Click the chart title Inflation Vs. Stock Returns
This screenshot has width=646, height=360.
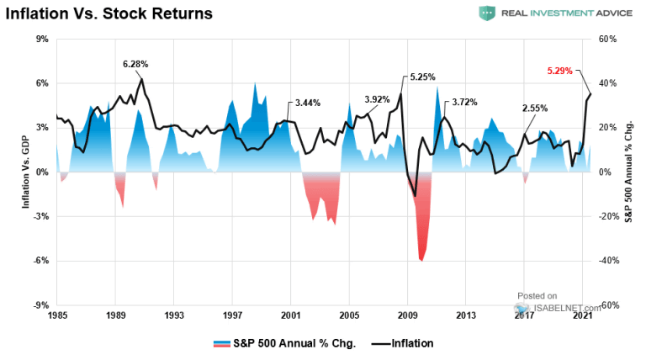tap(109, 13)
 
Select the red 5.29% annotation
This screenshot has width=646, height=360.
tap(559, 71)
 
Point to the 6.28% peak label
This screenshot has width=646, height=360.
tap(135, 64)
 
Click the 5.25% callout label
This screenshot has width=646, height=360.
tap(422, 77)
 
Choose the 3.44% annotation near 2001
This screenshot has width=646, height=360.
tap(308, 103)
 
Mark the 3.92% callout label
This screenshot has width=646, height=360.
tap(377, 99)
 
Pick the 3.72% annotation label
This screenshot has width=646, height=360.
tap(464, 103)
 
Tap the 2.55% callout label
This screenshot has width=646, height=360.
tap(534, 109)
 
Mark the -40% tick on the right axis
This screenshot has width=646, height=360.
tap(612, 261)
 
